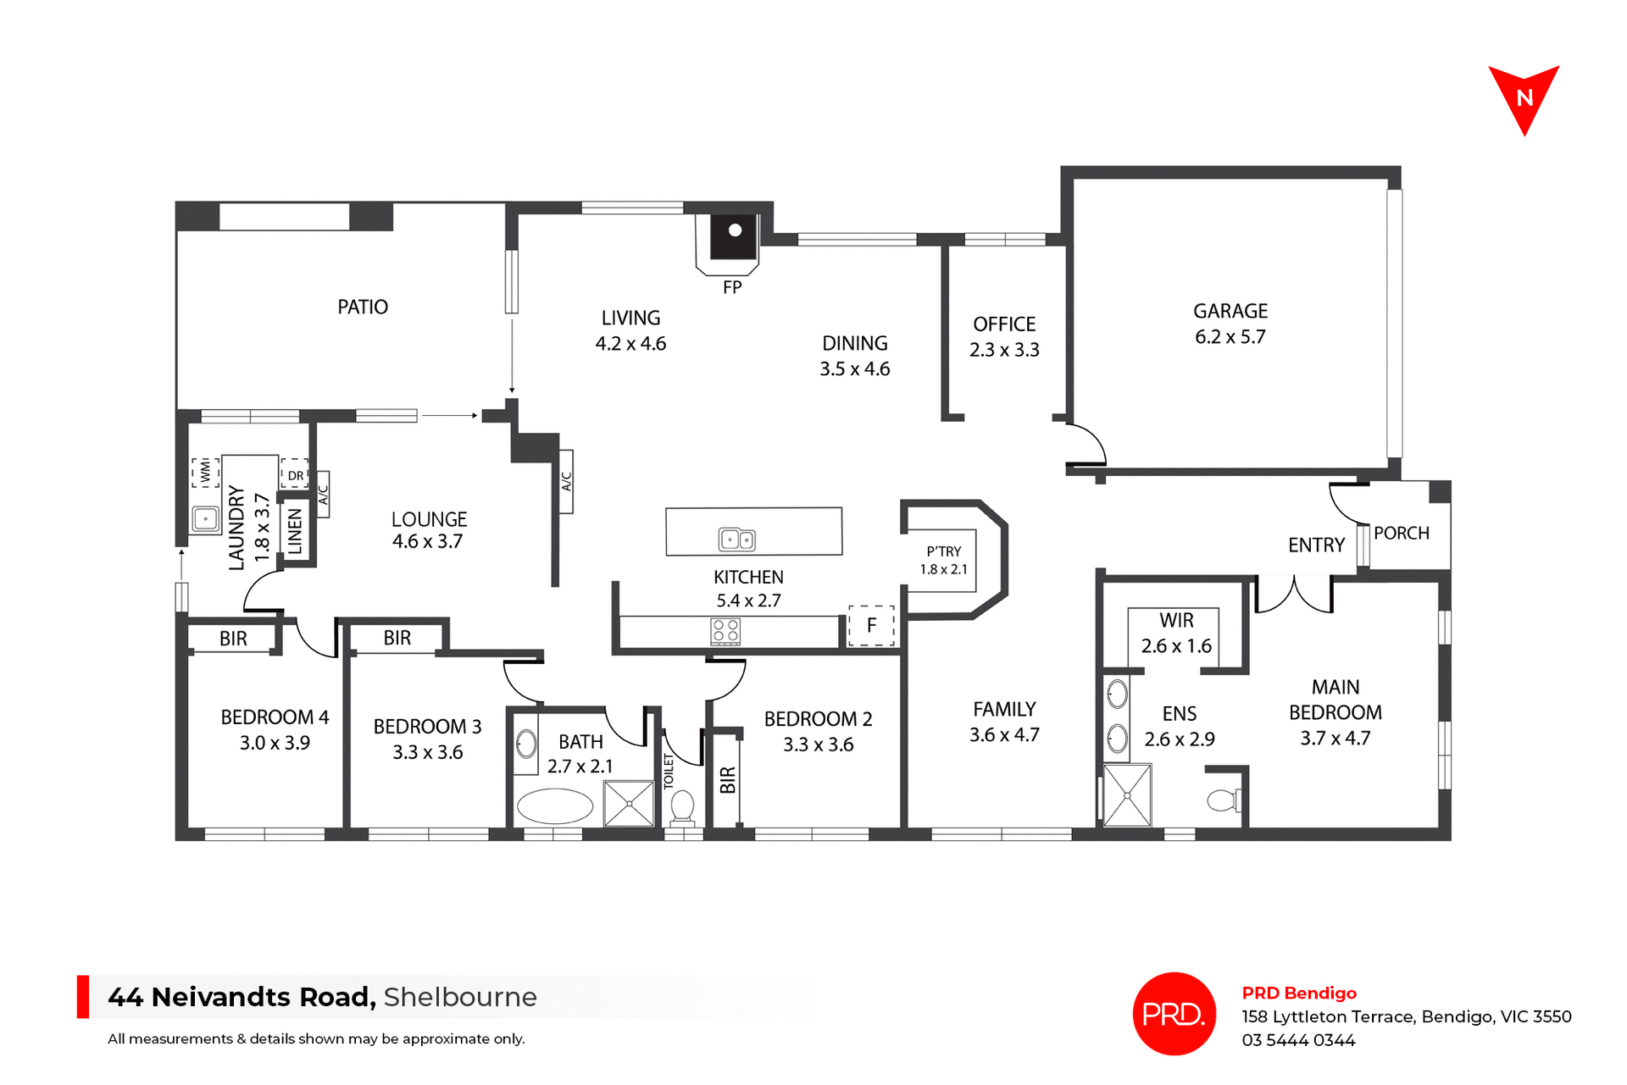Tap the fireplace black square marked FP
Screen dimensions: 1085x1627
(x=733, y=236)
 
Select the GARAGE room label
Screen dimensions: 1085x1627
(x=1230, y=311)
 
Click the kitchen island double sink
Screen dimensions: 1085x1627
(x=736, y=539)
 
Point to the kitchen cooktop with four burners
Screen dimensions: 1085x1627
(x=725, y=631)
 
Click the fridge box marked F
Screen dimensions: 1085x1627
(x=871, y=626)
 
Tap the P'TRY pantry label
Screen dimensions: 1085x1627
(x=943, y=551)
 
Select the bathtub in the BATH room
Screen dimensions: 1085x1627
(x=555, y=806)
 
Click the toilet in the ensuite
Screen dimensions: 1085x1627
(x=1223, y=800)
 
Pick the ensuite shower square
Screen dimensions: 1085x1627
(x=1127, y=795)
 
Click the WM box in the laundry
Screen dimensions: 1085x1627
(x=205, y=472)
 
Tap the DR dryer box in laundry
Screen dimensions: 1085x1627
(x=295, y=475)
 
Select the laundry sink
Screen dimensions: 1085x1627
(x=205, y=518)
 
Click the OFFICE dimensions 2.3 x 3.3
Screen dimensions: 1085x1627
(x=1004, y=350)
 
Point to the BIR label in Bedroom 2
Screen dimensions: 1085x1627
(x=727, y=779)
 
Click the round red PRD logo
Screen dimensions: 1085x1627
(x=1174, y=1013)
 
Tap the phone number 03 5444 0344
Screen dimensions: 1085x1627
(x=1298, y=1040)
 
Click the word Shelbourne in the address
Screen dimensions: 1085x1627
(x=460, y=997)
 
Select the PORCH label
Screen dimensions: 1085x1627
(x=1401, y=533)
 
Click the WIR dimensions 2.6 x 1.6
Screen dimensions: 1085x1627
(x=1176, y=645)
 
